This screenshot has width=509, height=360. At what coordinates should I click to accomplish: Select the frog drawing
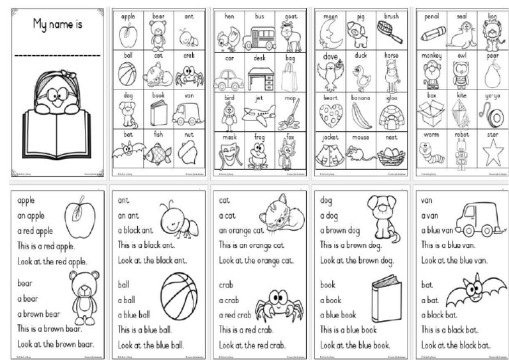click(259, 156)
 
